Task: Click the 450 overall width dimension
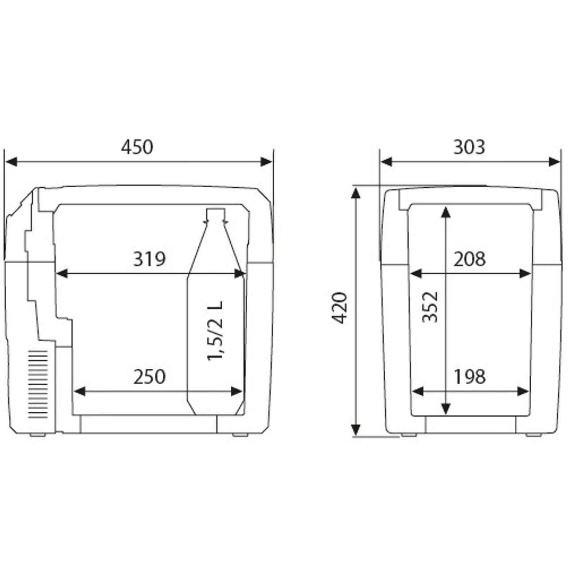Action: point(137,147)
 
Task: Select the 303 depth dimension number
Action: point(469,147)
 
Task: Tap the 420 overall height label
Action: point(341,308)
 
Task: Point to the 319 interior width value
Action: point(150,259)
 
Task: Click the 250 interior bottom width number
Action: point(150,377)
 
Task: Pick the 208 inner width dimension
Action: point(469,259)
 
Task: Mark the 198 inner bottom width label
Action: point(469,377)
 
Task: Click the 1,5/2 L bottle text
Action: point(216,331)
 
